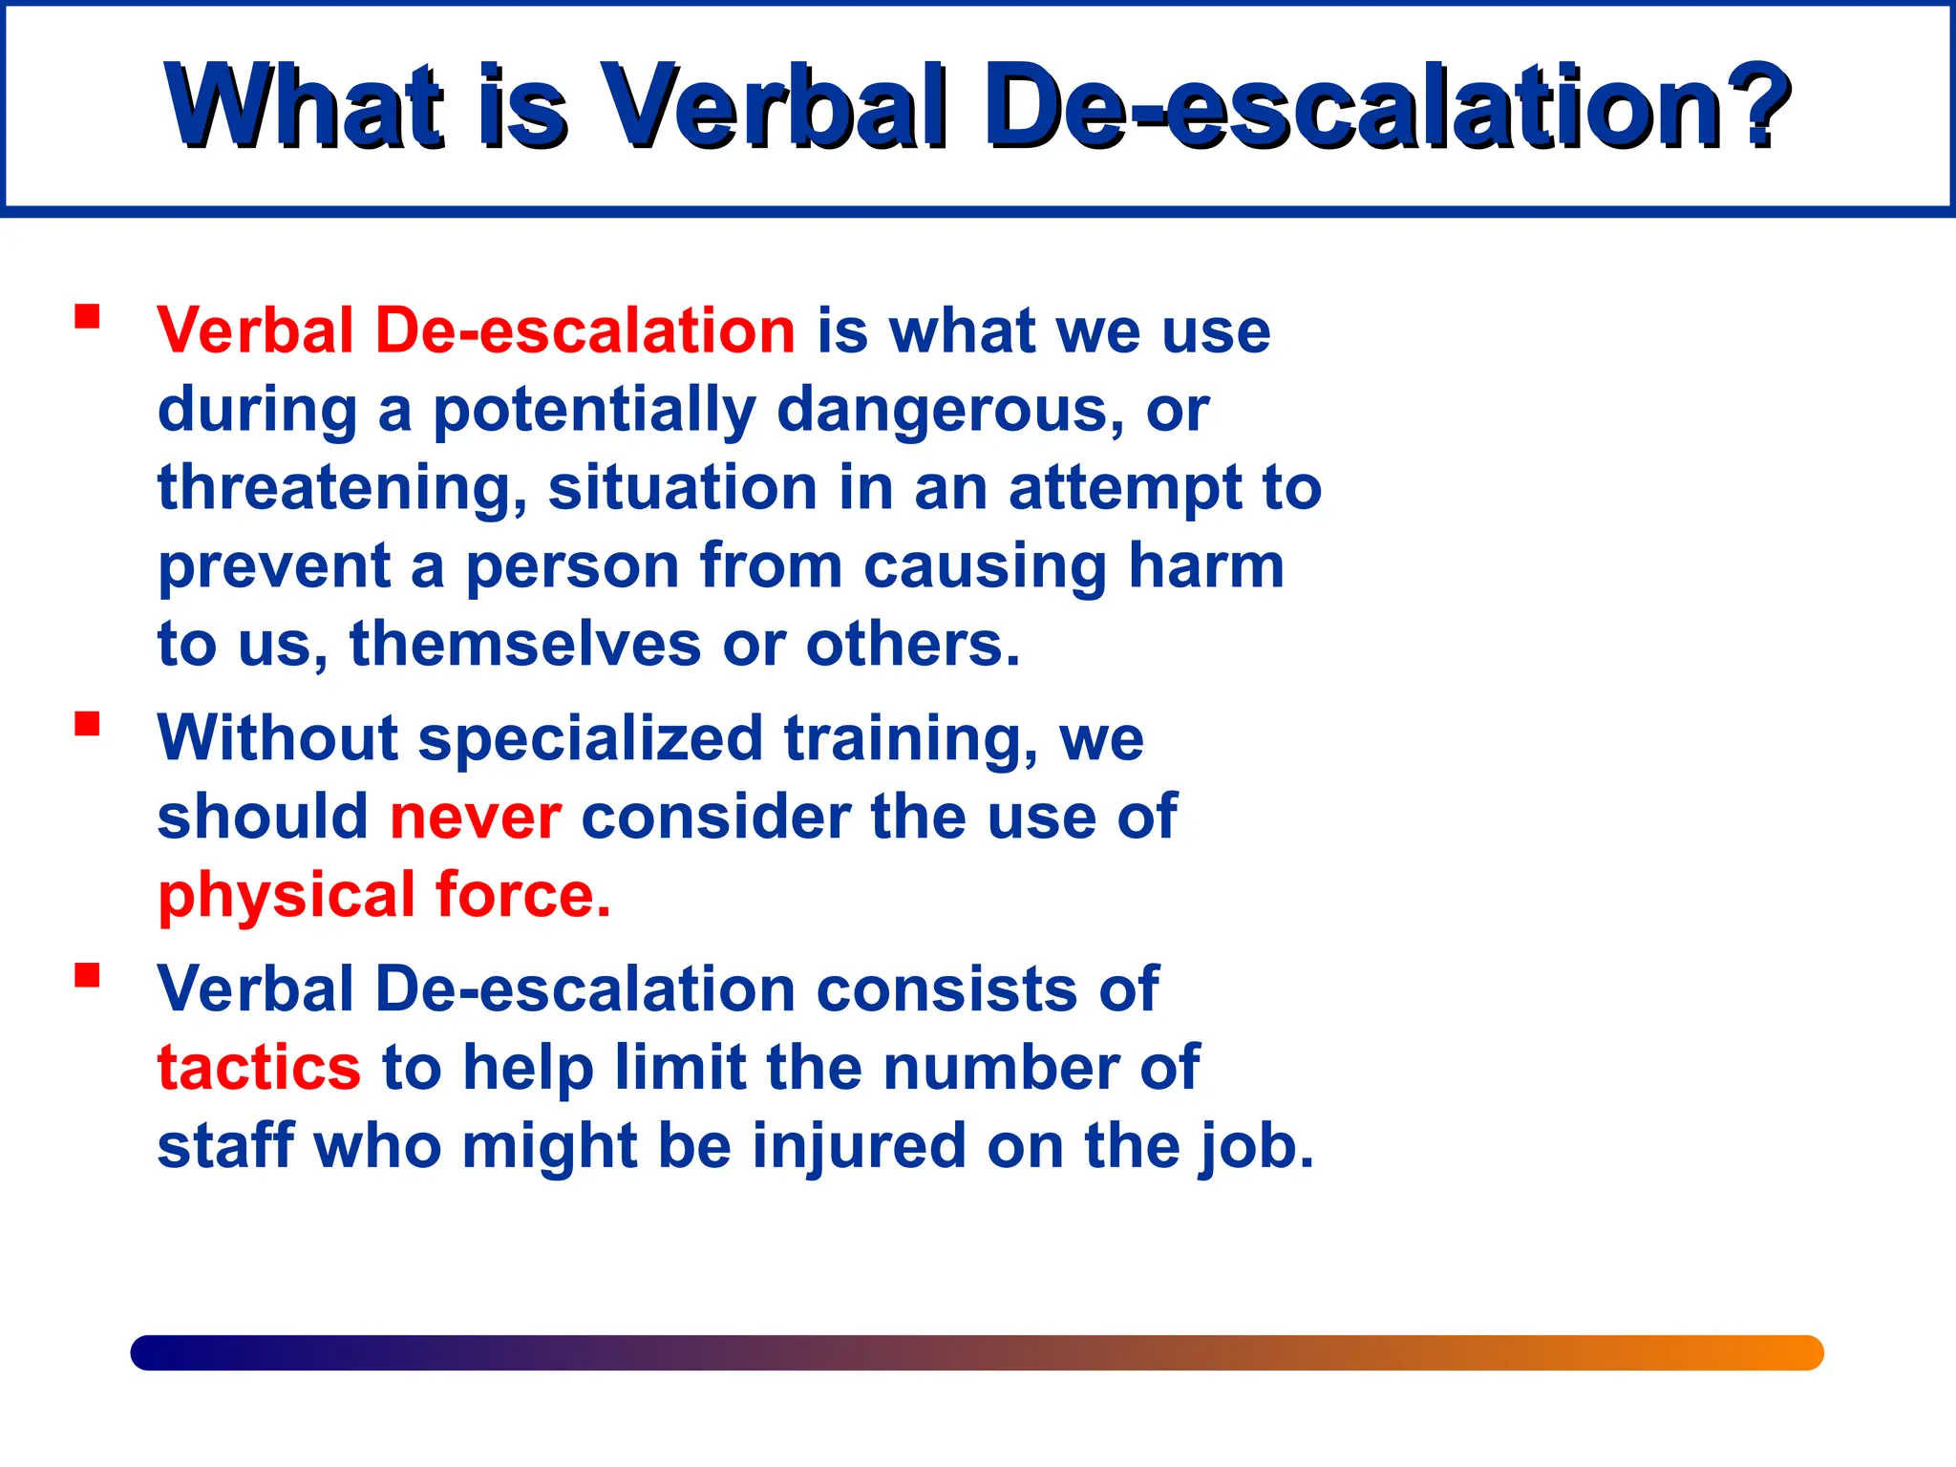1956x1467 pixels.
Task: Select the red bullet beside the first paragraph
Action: [x=87, y=316]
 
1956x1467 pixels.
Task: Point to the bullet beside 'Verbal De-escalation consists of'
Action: [x=87, y=974]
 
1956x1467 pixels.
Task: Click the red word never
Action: [x=476, y=818]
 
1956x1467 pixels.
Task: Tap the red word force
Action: [x=521, y=896]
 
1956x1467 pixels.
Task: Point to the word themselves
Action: [x=525, y=645]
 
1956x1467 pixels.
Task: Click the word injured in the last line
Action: [x=859, y=1146]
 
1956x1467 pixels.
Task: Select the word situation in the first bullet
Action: [x=683, y=488]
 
